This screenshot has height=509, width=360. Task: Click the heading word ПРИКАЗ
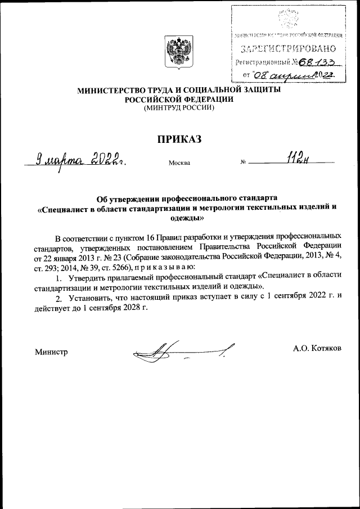(179, 138)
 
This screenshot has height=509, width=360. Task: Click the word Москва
(179, 164)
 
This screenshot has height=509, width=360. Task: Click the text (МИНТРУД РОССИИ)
(179, 108)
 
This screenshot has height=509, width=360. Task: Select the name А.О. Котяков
(317, 349)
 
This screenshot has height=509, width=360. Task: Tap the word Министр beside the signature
(51, 352)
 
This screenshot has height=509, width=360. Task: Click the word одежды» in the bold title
(179, 217)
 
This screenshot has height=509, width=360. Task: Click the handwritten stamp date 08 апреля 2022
(301, 75)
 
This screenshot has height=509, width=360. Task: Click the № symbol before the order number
(243, 164)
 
